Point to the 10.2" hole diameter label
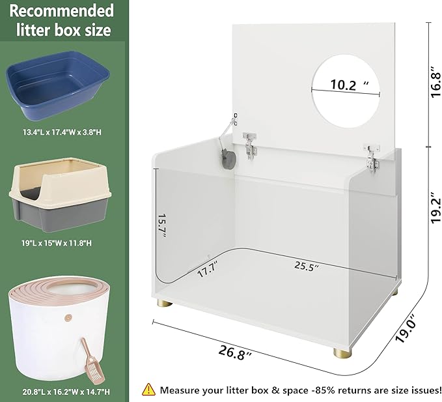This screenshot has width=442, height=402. coord(344,85)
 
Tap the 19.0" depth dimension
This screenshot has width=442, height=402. coord(411,326)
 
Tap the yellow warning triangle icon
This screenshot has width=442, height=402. coord(148,390)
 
